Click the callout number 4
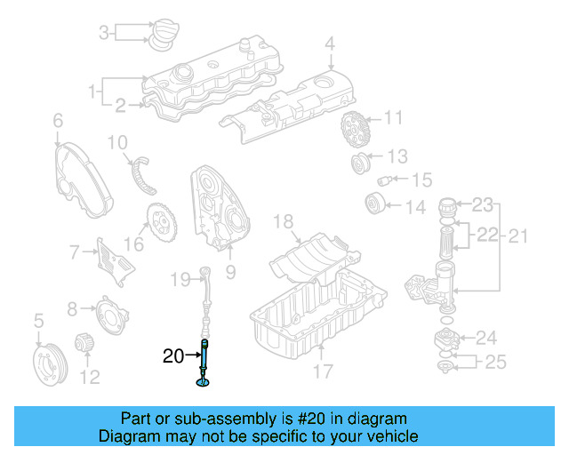[x=330, y=43]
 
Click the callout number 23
[x=481, y=205]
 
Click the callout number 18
[x=283, y=221]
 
